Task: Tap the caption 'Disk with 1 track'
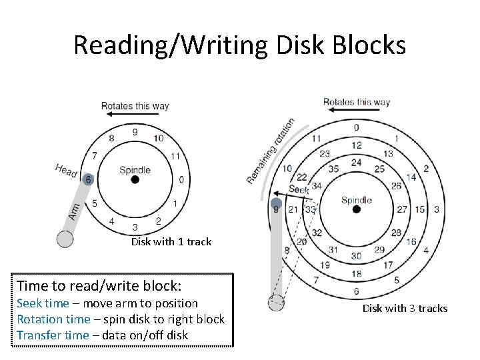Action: click(171, 241)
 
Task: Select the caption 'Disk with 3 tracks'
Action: click(405, 308)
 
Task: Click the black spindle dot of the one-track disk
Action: click(135, 180)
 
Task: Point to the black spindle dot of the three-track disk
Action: click(356, 209)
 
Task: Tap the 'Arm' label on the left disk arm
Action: click(76, 210)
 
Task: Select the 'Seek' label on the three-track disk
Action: click(299, 189)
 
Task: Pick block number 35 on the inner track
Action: click(333, 169)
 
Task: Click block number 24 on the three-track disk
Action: click(356, 162)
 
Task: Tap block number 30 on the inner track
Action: click(356, 256)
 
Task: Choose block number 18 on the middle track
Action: click(356, 273)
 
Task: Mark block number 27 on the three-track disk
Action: click(402, 209)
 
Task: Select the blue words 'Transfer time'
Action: click(53, 335)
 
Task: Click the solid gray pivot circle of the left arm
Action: click(65, 238)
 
